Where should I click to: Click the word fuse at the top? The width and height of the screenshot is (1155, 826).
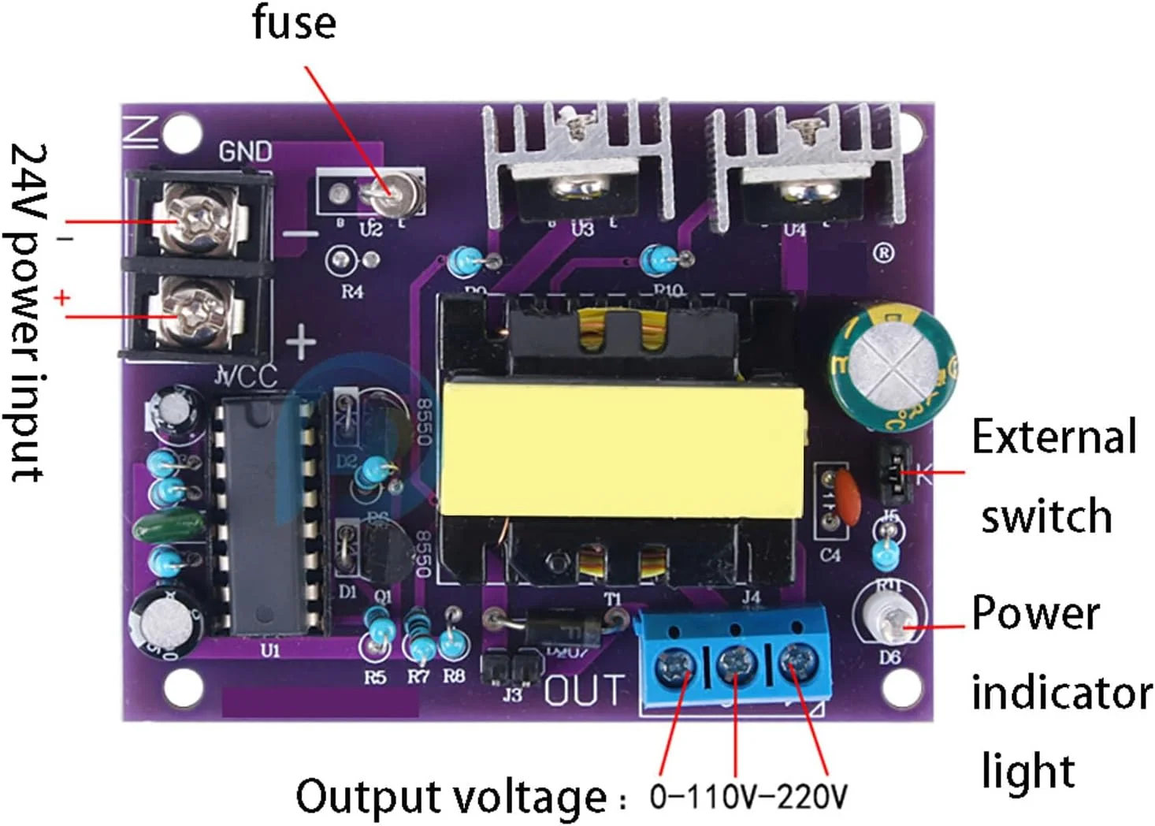tap(294, 22)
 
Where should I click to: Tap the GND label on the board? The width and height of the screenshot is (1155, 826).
tap(245, 151)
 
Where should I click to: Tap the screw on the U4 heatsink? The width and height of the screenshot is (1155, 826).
tap(806, 190)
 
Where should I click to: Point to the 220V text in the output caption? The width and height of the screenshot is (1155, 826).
tap(812, 796)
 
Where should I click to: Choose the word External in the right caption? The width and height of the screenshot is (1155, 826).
tap(1054, 437)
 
